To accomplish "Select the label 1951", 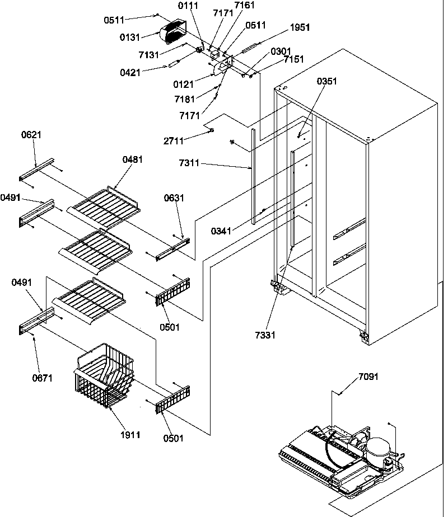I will click(300, 27).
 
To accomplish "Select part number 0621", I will click(32, 135).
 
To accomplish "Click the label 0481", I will click(132, 159).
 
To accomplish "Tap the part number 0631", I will click(174, 198).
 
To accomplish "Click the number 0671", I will click(43, 378).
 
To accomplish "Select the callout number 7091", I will click(368, 377).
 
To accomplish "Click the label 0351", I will click(326, 81).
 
